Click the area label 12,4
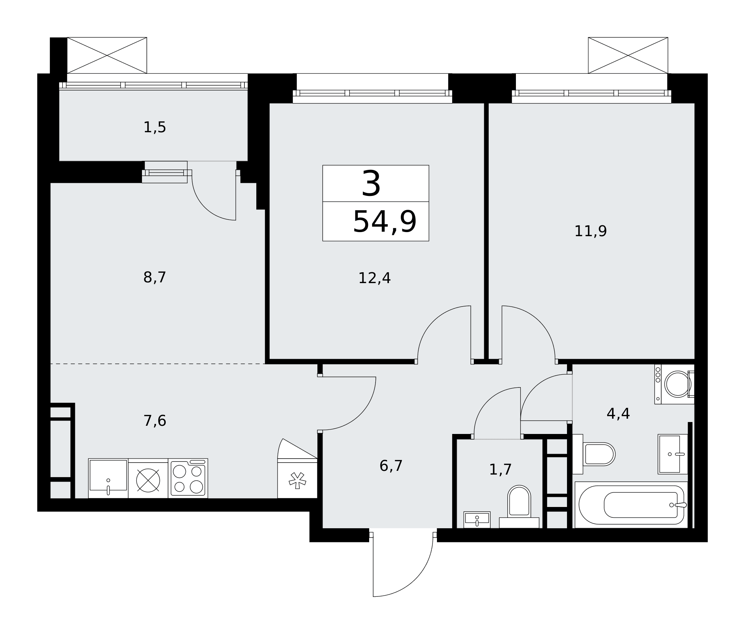coord(374,278)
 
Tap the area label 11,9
coord(590,231)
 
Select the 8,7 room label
coord(155,278)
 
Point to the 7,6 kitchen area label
coord(155,421)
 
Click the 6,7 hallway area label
coord(391,466)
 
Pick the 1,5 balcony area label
coord(155,127)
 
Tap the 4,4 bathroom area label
coord(618,413)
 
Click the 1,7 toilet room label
coord(500,470)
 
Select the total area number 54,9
coord(384,222)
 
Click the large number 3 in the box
coord(371,184)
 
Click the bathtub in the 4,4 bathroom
coord(631,505)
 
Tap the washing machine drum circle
coord(678,384)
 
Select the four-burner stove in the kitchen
coord(188,478)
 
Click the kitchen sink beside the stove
coord(108,478)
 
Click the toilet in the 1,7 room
coord(519,507)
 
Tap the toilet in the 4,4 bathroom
coord(594,454)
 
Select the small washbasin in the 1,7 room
coord(477,520)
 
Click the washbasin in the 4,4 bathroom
coord(673,454)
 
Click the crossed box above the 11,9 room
coord(628,55)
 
